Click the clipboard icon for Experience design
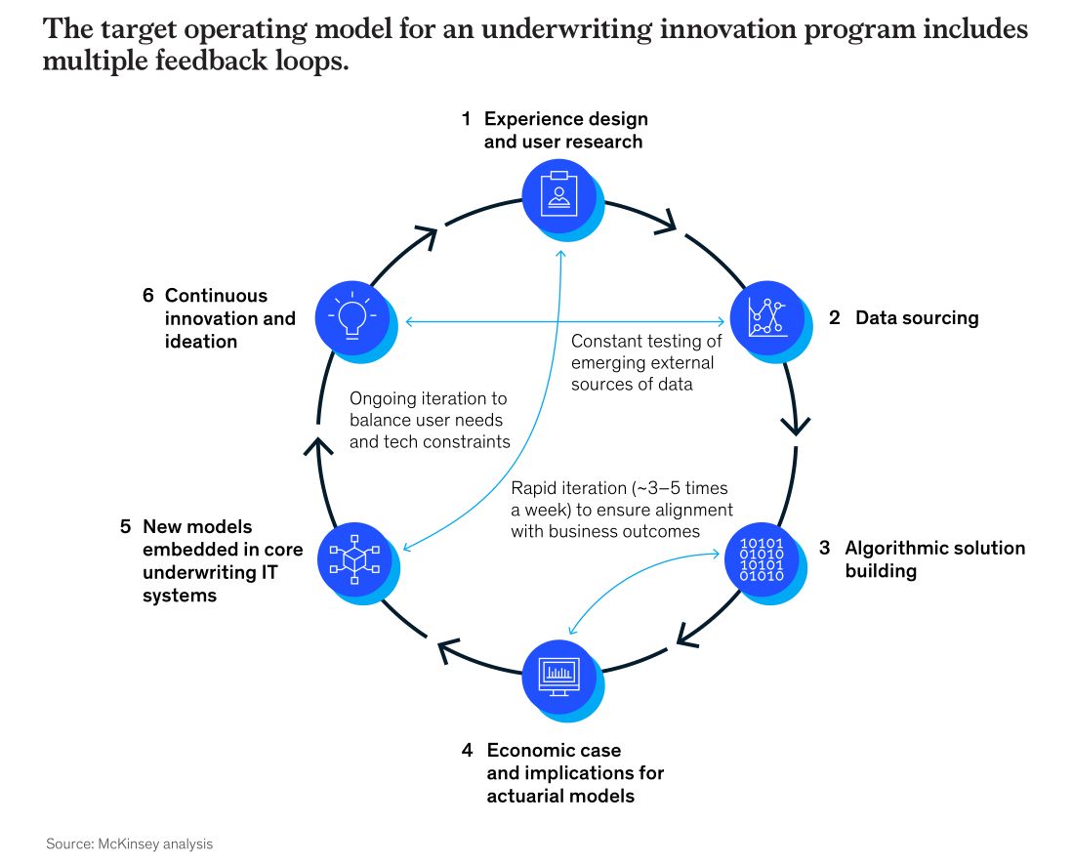558,192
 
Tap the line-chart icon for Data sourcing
766,317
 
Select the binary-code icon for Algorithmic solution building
762,559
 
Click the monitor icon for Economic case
558,676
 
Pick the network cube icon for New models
353,559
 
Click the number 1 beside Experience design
467,119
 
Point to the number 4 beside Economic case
468,751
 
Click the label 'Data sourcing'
916,318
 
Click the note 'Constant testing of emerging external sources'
645,363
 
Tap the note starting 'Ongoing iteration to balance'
430,420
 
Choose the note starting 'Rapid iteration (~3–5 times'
621,510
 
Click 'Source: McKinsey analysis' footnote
129,844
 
